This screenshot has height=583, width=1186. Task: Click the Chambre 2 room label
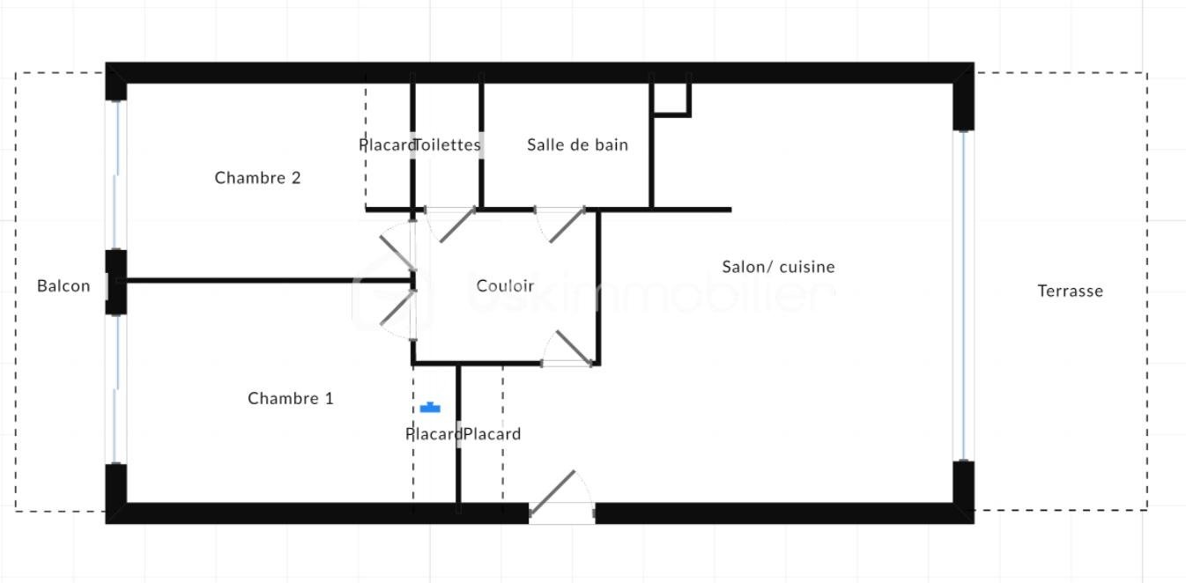[x=257, y=178]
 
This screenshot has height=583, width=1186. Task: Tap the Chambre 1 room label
[x=291, y=398]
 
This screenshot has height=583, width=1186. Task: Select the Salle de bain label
[x=578, y=145]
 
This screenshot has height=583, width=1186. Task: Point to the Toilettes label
[x=448, y=145]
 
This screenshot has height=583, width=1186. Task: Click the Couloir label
[x=505, y=286]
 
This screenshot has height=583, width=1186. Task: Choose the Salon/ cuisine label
[x=778, y=267]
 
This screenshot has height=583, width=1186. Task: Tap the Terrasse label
[x=1070, y=291]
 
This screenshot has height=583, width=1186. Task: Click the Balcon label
[x=63, y=286]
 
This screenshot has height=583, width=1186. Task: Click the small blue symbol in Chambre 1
[x=430, y=408]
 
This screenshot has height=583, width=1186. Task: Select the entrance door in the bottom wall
[x=552, y=493]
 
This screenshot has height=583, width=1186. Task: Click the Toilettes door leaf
[x=457, y=225]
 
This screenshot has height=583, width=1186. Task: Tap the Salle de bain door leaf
[x=567, y=225]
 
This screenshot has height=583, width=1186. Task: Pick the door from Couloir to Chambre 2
[x=397, y=253]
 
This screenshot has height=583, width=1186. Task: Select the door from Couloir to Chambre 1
[x=397, y=308]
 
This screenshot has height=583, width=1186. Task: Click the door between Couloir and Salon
[x=574, y=348]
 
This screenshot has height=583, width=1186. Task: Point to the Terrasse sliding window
[x=964, y=296]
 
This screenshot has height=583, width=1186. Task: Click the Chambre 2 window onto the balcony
[x=116, y=174]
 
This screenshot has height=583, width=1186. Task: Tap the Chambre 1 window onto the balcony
[x=116, y=389]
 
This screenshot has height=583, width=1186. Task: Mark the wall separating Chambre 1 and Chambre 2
[x=269, y=280]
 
